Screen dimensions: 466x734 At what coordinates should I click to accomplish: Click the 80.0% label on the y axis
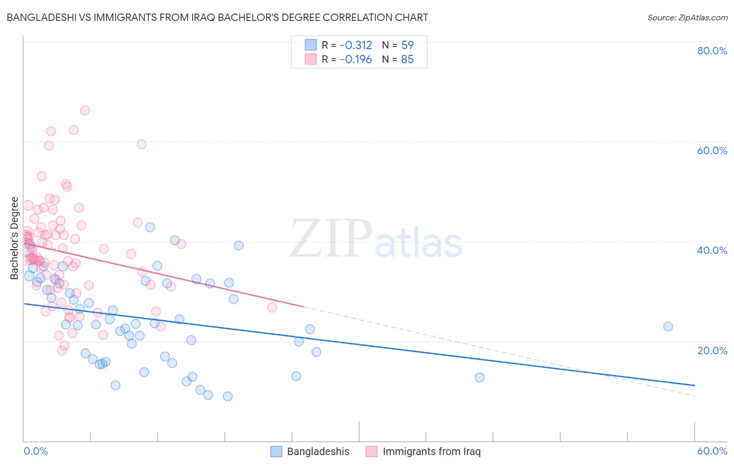[x=712, y=51]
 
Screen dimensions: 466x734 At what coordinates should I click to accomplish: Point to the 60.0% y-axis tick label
[x=712, y=150]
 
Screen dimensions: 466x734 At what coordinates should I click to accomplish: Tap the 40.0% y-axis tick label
[x=712, y=250]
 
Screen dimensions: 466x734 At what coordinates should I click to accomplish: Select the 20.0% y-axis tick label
[x=712, y=351]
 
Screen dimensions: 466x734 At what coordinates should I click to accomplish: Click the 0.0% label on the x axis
[x=35, y=451]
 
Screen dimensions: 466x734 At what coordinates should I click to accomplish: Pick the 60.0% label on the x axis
[x=712, y=451]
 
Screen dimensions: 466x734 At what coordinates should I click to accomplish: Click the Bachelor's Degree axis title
[x=15, y=238]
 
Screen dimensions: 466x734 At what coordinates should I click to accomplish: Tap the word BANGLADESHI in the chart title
[x=44, y=18]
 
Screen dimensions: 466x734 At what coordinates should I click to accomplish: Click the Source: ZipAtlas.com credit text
[x=687, y=18]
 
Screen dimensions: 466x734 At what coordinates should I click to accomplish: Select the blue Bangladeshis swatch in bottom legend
[x=276, y=451]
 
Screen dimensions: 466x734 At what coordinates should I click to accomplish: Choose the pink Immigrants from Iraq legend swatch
[x=371, y=451]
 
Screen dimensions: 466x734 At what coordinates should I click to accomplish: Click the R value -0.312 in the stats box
[x=356, y=45]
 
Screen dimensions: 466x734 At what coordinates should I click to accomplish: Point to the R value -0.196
[x=356, y=60]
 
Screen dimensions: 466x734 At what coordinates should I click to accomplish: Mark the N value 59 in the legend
[x=407, y=45]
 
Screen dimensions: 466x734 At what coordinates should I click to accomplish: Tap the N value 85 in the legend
[x=407, y=60]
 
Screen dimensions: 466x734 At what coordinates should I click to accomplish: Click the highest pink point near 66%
[x=85, y=110]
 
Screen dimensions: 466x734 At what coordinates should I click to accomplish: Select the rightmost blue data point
[x=668, y=327]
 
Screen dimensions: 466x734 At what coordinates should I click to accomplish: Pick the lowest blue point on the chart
[x=228, y=397]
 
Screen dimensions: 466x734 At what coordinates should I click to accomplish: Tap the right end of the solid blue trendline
[x=694, y=385]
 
